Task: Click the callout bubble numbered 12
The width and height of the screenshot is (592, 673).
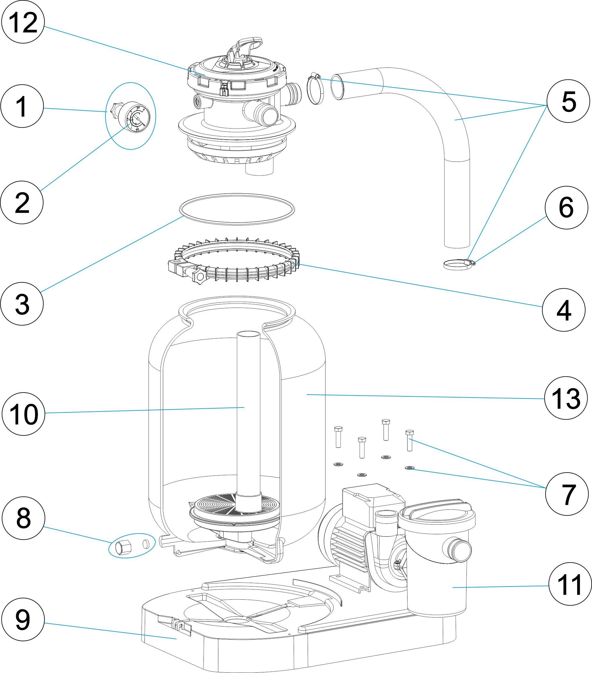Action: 23,22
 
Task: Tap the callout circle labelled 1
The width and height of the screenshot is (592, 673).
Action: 22,106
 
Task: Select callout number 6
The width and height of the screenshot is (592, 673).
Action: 566,207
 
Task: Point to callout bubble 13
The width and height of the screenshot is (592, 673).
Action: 566,398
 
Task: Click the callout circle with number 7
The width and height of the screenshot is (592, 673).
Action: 567,494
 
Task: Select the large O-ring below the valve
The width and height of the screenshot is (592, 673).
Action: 237,209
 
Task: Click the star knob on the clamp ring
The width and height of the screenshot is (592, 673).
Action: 199,276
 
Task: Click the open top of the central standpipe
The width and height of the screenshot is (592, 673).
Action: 248,334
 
